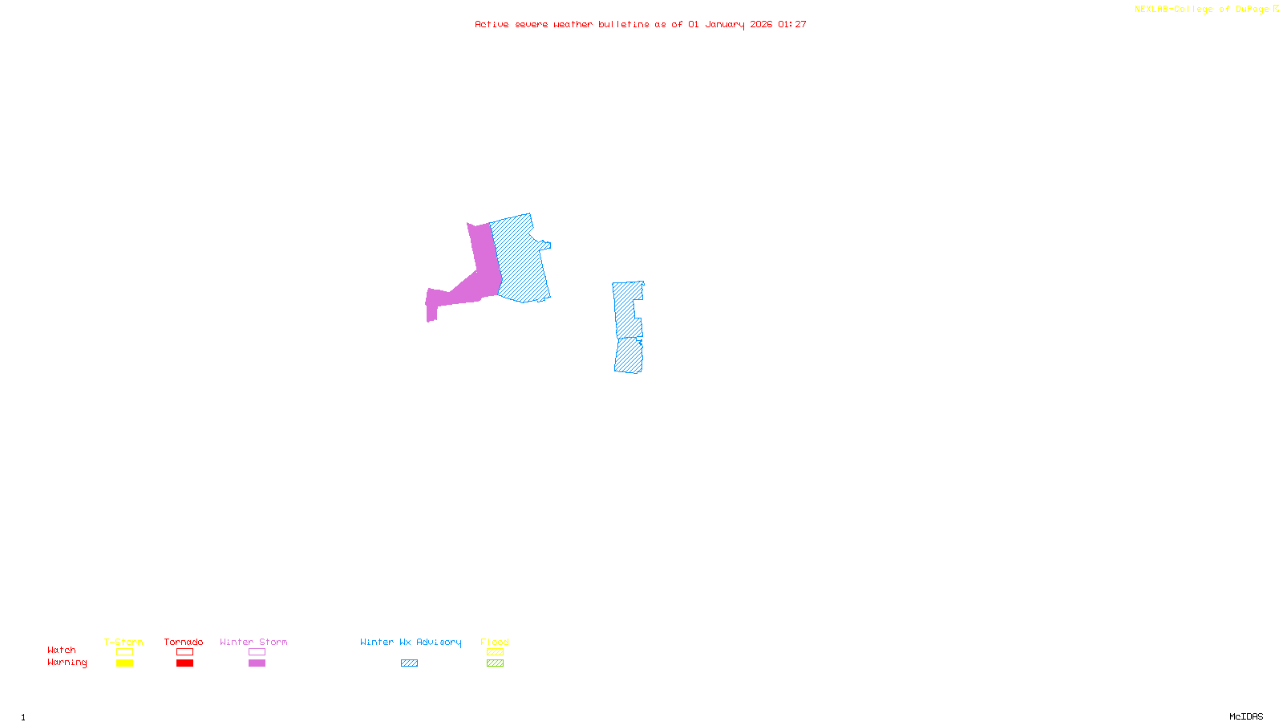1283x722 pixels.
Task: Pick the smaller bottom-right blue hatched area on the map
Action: point(629,355)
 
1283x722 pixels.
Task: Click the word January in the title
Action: point(724,24)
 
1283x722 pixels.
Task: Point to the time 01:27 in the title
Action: point(791,24)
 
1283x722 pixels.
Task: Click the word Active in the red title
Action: point(491,24)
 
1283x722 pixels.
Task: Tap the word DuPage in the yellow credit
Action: point(1252,9)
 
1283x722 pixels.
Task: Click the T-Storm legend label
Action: point(123,642)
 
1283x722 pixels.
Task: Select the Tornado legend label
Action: point(184,642)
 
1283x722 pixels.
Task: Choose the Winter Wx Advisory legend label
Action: point(411,642)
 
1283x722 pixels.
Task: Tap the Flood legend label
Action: point(495,642)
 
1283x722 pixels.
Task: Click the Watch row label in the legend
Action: point(62,650)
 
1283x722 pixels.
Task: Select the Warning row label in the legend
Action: point(67,663)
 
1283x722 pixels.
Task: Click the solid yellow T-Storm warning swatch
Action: point(124,663)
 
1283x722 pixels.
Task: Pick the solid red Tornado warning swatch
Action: point(184,663)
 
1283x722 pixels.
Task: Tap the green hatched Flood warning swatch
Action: point(495,663)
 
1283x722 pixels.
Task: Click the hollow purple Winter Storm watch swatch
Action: point(257,652)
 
